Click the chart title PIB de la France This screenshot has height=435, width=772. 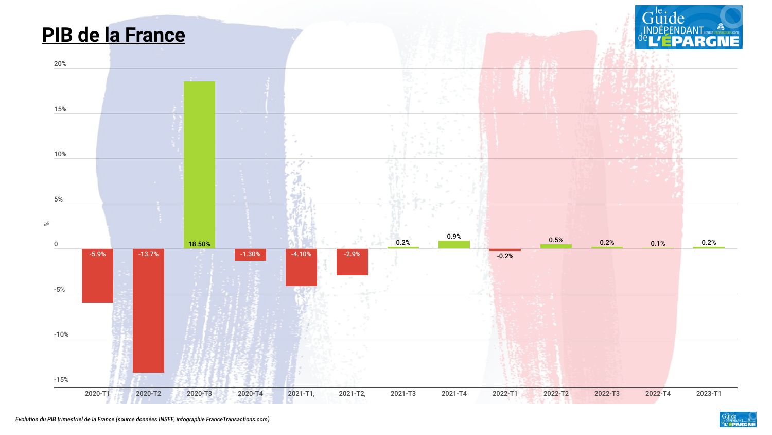click(x=113, y=35)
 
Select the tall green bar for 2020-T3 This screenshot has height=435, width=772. click(x=199, y=160)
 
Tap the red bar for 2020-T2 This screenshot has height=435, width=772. click(x=148, y=314)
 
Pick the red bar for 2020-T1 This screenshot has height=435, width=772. click(x=97, y=278)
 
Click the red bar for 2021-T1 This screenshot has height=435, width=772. click(x=301, y=271)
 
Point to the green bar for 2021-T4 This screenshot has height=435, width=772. click(x=454, y=245)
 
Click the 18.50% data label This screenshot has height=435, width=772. click(x=199, y=244)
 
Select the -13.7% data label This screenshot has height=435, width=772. click(x=148, y=254)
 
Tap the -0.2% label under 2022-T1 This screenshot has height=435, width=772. click(x=505, y=256)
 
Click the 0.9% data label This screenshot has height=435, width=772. click(x=454, y=237)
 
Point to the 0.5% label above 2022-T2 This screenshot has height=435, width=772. click(x=556, y=240)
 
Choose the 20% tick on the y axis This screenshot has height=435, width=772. click(x=60, y=64)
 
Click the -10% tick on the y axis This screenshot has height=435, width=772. click(x=61, y=334)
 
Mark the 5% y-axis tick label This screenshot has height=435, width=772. click(x=59, y=199)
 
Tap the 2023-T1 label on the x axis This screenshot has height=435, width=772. click(x=709, y=394)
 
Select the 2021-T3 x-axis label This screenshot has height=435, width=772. click(x=403, y=394)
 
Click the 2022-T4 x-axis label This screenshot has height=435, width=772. click(x=658, y=394)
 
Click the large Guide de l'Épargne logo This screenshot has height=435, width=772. click(x=688, y=27)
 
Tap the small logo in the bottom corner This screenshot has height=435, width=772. click(x=738, y=420)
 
